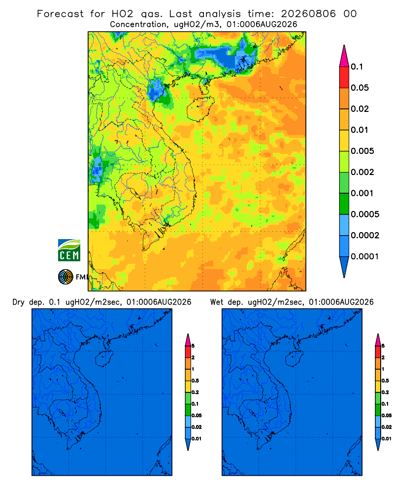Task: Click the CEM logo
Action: pos(69,250)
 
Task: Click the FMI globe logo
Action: pos(66,277)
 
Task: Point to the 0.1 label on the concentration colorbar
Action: pos(357,67)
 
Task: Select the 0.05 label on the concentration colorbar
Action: pos(360,88)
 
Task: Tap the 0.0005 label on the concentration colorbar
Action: pos(365,214)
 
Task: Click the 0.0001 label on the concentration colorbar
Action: pos(365,256)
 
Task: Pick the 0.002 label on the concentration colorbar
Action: pos(362,172)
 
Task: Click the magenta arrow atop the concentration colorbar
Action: pos(344,56)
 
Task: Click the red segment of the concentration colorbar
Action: pos(344,77)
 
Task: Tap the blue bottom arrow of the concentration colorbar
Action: pos(344,267)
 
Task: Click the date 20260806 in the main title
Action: pos(308,14)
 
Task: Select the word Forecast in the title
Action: pos(60,14)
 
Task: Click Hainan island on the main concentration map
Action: pos(200,109)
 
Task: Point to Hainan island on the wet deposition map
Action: pos(295,359)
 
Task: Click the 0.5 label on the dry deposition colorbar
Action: pos(195,381)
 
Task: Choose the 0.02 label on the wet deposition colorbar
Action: pos(387,427)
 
